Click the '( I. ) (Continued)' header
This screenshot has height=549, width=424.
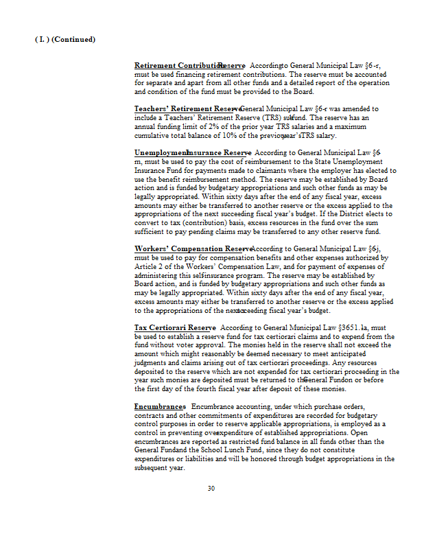65,39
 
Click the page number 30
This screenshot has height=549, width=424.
211,489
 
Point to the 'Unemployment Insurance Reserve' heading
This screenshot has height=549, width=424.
193,152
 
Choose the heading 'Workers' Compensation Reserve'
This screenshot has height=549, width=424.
193,248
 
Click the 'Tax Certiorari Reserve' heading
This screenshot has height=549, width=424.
175,328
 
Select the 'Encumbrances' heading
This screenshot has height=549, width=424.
160,407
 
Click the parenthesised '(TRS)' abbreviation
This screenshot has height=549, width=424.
264,117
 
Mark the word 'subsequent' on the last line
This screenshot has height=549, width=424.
154,468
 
